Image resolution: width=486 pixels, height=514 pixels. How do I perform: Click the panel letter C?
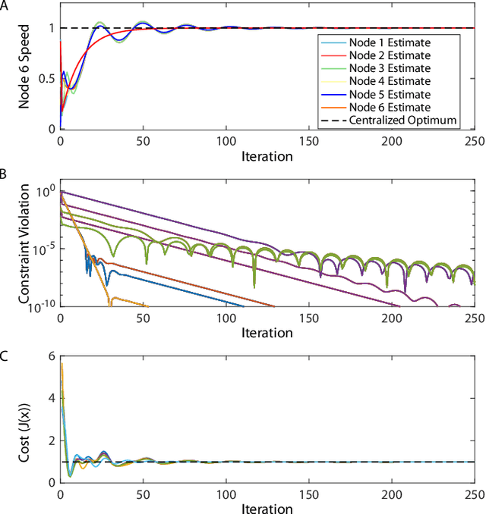(5, 352)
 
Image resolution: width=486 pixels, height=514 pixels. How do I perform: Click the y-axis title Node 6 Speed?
(25, 69)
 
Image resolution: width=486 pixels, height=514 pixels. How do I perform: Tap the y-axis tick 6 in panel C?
(50, 357)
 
